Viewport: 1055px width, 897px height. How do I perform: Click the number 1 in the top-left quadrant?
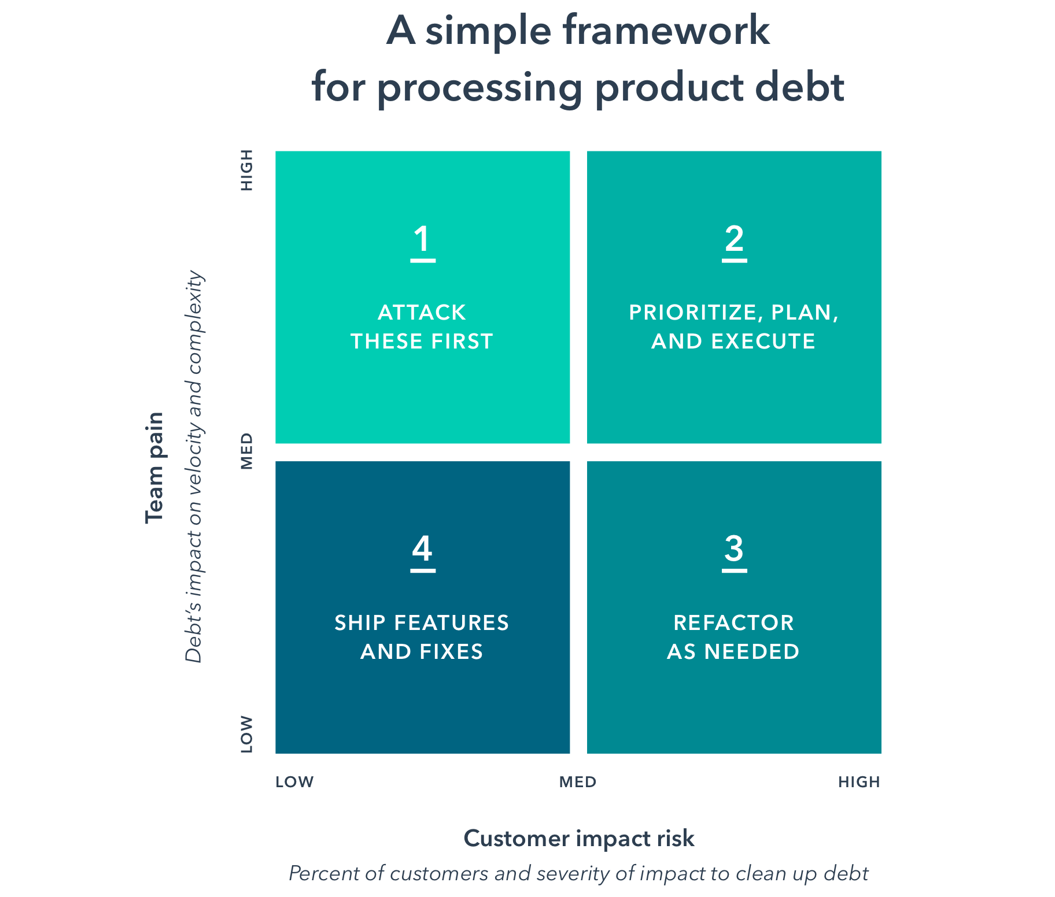pos(423,239)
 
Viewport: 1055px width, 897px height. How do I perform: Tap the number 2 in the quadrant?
pos(734,239)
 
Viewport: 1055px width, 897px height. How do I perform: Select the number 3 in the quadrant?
pos(734,548)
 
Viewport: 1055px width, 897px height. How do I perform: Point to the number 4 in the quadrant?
pos(422,548)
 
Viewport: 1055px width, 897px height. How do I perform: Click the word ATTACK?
pos(422,313)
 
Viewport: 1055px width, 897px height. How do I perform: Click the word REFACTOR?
pos(733,623)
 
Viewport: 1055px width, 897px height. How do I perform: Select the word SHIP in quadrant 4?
pos(360,623)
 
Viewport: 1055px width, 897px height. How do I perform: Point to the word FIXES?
pos(451,652)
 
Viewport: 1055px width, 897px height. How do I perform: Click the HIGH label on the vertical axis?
pos(247,170)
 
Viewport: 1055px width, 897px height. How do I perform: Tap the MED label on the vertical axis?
pos(247,451)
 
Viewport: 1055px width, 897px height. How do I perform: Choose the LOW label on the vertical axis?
pos(247,734)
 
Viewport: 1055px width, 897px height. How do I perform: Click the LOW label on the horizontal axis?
pos(294,782)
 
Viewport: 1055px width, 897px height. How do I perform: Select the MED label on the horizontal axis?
pos(578,782)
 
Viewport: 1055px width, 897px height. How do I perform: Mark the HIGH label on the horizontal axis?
pos(860,782)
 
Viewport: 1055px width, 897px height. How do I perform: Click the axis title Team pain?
pos(155,468)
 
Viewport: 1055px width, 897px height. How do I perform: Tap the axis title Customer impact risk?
pos(579,839)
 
